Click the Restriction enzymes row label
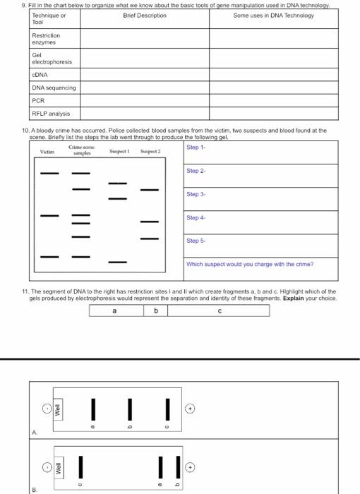point(46,38)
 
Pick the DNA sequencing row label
point(54,88)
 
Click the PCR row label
point(38,100)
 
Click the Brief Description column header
point(144,15)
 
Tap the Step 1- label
point(196,147)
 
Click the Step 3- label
point(196,194)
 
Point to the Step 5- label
point(196,241)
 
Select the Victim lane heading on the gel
point(47,152)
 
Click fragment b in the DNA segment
point(156,310)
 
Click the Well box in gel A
point(59,409)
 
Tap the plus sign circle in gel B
point(189,466)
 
